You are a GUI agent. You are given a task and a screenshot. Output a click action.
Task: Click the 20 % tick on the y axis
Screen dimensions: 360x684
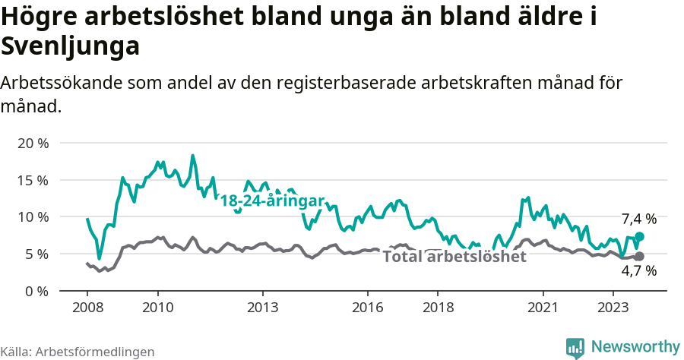tap(32, 143)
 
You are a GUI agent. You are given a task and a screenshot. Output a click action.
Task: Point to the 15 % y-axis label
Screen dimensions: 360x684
tap(32, 180)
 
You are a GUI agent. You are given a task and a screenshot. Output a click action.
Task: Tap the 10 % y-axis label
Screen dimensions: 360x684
tap(32, 216)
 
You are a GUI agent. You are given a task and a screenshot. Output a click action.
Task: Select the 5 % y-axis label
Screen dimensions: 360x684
tap(36, 254)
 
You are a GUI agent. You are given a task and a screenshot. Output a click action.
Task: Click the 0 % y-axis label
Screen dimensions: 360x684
tap(36, 290)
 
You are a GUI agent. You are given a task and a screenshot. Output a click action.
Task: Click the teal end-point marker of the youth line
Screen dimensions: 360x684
tap(639, 237)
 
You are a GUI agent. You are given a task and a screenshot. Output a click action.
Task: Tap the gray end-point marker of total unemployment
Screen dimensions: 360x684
tap(639, 257)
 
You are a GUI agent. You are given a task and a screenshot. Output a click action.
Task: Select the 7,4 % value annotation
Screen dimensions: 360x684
tap(638, 219)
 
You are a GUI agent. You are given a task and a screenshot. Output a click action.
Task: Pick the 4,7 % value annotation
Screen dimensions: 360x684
tap(638, 271)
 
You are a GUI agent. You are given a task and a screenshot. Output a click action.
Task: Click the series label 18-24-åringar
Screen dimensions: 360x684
tap(272, 201)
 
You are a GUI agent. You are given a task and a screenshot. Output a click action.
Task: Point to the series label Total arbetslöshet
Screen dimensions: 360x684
tap(454, 257)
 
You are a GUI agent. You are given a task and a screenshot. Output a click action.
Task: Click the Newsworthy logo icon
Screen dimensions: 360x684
tap(575, 347)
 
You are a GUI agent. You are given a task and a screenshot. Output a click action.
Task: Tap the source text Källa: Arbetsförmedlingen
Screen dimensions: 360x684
tap(78, 352)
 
